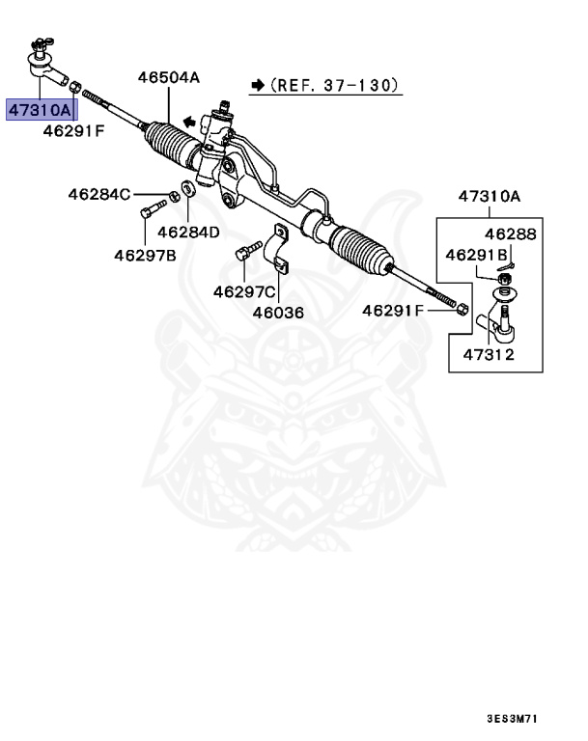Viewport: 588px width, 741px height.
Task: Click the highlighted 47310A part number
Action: (41, 111)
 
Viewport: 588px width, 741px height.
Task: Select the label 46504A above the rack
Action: (168, 78)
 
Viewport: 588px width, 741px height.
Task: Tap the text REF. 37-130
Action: (333, 86)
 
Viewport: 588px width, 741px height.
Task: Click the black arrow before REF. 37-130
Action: (257, 86)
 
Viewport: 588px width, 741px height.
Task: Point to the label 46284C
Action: (98, 194)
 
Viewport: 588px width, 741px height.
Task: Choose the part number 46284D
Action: (188, 233)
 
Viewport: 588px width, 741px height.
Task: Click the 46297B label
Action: (145, 256)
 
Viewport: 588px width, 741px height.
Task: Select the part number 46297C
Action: (244, 291)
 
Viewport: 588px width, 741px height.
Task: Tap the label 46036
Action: (278, 313)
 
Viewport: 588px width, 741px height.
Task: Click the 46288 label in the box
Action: (510, 234)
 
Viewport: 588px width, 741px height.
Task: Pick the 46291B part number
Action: (477, 255)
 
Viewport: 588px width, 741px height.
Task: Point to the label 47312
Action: (488, 354)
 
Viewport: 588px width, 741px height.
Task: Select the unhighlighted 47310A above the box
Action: (489, 197)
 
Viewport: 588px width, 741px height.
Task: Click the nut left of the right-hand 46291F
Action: (462, 310)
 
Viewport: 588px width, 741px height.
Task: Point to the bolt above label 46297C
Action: (246, 254)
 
